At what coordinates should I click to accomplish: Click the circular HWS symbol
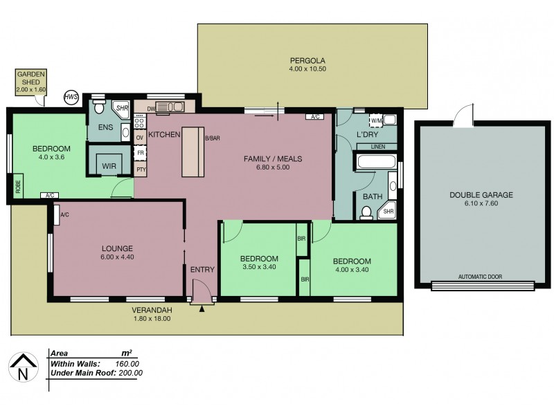[x=71, y=98]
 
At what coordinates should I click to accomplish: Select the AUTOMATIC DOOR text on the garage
[x=481, y=277]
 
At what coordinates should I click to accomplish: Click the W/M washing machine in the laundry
[x=377, y=120]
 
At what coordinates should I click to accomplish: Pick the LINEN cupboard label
[x=377, y=147]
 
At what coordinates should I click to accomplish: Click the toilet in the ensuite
[x=98, y=108]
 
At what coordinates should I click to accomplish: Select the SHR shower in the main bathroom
[x=388, y=212]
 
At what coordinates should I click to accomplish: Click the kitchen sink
[x=169, y=107]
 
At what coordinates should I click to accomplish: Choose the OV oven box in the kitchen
[x=139, y=137]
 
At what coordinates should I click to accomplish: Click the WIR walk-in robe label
[x=109, y=167]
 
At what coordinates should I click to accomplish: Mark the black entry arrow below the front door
[x=202, y=308]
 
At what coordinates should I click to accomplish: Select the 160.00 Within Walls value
[x=126, y=363]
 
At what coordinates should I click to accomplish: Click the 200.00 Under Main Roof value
[x=129, y=373]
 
